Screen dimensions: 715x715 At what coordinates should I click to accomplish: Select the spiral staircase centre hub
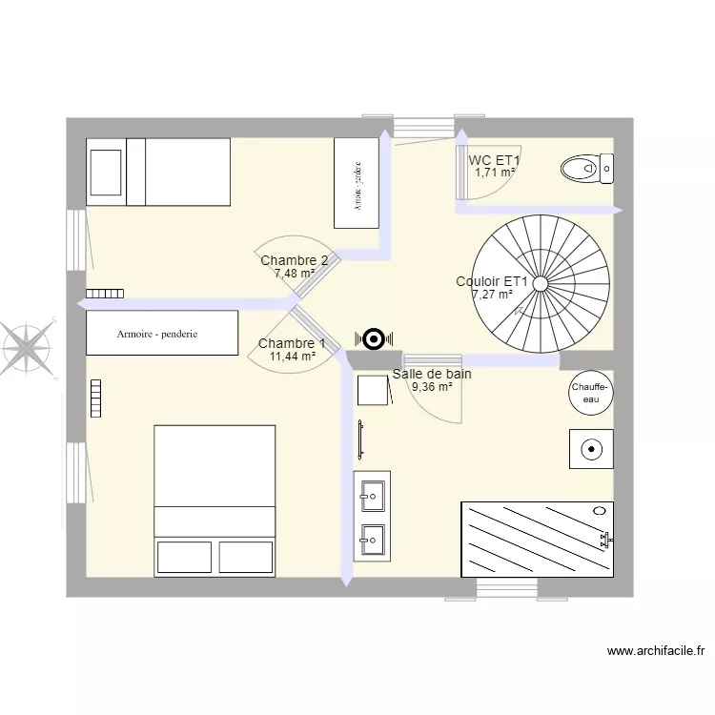click(541, 283)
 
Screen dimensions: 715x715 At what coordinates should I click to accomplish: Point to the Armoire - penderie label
click(157, 335)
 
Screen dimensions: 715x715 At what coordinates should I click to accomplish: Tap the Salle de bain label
click(432, 374)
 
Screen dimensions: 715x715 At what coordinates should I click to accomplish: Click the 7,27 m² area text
click(492, 295)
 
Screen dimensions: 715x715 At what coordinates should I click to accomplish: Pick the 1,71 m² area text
click(495, 173)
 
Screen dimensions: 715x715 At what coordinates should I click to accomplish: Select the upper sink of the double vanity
click(372, 494)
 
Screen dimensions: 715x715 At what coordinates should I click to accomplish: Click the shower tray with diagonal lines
click(537, 539)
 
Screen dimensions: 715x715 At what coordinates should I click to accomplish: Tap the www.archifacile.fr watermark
click(655, 652)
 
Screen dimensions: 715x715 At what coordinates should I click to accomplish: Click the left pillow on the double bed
click(183, 556)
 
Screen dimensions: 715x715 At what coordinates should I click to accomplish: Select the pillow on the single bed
click(106, 172)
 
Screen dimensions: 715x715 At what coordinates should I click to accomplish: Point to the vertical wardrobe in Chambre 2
click(357, 182)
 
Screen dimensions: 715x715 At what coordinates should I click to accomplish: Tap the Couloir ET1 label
click(492, 281)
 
